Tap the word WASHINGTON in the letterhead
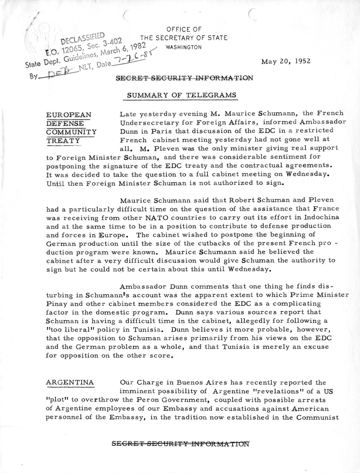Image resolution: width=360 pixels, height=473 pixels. tap(184, 47)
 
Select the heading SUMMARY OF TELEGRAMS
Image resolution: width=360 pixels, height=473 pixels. tap(177, 95)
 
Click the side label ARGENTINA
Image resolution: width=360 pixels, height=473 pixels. tap(70, 382)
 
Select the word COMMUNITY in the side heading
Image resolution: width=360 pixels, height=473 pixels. tap(71, 132)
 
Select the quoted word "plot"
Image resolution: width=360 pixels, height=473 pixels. tap(57, 400)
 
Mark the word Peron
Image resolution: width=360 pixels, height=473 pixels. tap(169, 400)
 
